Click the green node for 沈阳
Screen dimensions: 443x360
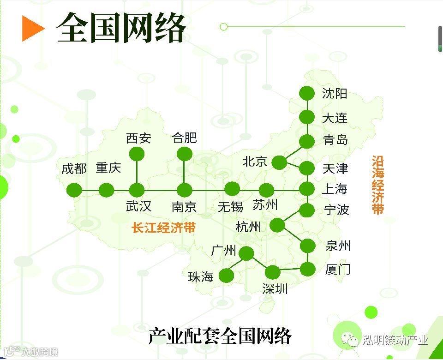[306, 94]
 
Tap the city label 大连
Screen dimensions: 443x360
[335, 118]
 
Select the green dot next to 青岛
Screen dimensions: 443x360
[306, 142]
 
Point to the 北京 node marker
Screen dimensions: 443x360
[279, 162]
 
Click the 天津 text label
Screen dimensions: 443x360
[335, 168]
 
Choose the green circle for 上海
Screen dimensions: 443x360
[306, 189]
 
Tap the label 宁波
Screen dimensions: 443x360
[336, 210]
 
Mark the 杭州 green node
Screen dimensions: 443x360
[277, 225]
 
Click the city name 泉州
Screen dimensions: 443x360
[338, 246]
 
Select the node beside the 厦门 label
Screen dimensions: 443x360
[307, 269]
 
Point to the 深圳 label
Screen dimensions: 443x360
[275, 289]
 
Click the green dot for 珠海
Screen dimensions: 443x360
[226, 276]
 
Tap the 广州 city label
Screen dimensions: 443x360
[223, 251]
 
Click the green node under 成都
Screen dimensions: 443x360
[74, 190]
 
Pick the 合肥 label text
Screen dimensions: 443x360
[184, 138]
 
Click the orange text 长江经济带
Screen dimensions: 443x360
[164, 228]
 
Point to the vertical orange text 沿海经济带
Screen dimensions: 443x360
[378, 185]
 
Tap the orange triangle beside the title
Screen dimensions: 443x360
[32, 29]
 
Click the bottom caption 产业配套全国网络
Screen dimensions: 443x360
[220, 336]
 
